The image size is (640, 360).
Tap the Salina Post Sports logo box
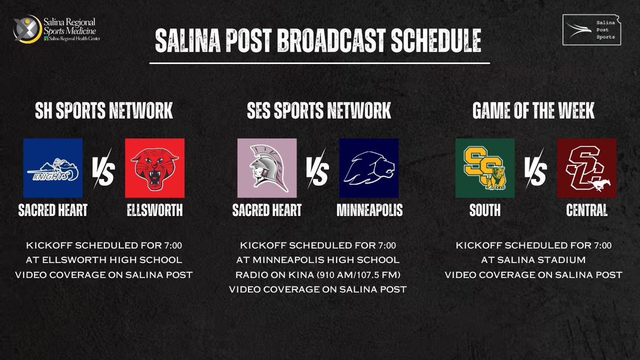pos(593,30)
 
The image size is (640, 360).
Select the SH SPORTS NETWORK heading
pos(104,111)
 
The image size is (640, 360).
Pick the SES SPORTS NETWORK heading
pos(319,111)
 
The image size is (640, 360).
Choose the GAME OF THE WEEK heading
pos(534,111)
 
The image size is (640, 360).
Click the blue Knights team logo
pos(53,168)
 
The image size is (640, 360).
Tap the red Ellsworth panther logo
pos(155,168)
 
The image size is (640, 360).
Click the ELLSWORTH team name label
pos(155,211)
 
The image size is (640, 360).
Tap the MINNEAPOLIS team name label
pos(370,211)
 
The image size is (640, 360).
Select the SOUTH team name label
pos(485,211)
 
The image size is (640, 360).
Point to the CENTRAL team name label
pos(587,211)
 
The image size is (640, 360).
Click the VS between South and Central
pos(535,173)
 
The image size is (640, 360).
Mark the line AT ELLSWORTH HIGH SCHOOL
pos(104,260)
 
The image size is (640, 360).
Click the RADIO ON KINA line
pos(318,275)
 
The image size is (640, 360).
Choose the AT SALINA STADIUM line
pos(533,260)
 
